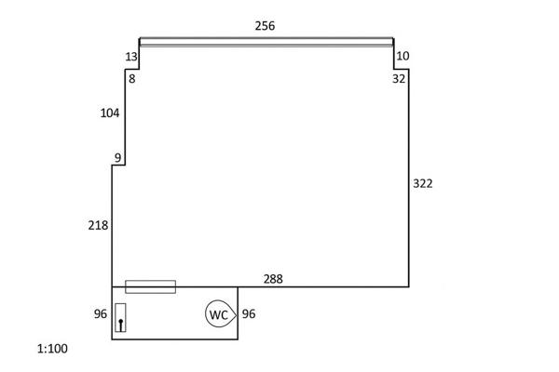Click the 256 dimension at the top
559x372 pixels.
point(265,26)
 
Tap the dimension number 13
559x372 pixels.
point(131,57)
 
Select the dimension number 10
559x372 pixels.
point(402,56)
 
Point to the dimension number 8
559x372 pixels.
point(132,79)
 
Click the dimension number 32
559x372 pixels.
point(399,79)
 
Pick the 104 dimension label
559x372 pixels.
point(110,113)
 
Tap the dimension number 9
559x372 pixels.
point(117,158)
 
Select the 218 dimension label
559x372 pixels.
point(98,225)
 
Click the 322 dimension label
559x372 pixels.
point(423,184)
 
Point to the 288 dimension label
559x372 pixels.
point(273,279)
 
